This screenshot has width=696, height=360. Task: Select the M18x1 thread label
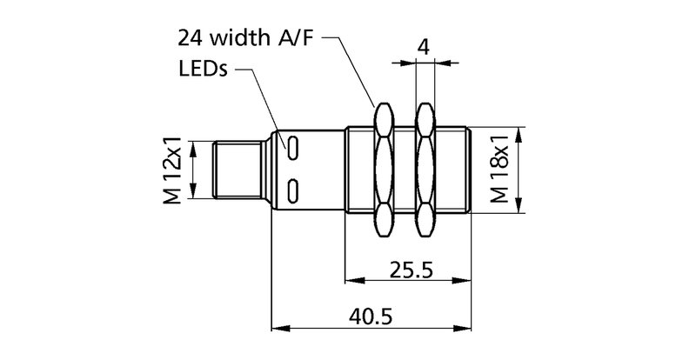(499, 170)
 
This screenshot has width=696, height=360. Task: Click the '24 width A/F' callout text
(246, 38)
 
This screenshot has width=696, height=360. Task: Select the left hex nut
(383, 170)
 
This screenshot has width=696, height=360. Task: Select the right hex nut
(425, 170)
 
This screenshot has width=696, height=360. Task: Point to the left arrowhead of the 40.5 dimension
(278, 329)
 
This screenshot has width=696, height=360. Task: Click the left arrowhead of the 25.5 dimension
(351, 282)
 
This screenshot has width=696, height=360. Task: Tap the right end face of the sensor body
(471, 170)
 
